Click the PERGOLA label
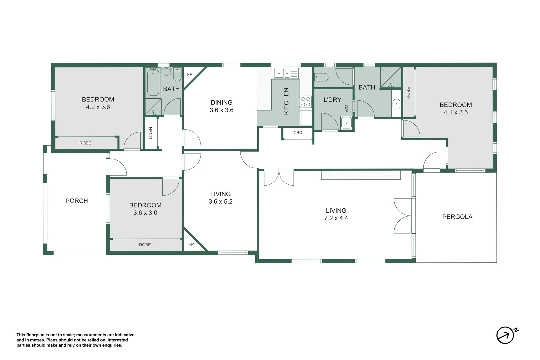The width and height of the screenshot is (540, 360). (x=457, y=217)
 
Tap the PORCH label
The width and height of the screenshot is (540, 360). (x=77, y=201)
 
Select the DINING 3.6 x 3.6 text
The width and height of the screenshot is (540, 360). (x=221, y=106)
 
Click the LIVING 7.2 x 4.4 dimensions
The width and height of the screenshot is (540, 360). (x=336, y=218)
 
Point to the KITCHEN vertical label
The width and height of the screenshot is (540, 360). (x=286, y=101)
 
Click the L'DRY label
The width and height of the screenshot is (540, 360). (x=332, y=100)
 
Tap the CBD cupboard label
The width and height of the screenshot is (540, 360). (x=298, y=133)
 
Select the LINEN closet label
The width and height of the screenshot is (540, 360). (x=150, y=133)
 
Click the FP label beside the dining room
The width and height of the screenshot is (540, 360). (x=190, y=75)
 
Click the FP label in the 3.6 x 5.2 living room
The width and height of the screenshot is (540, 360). (x=191, y=244)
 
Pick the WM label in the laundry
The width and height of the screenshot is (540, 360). (x=347, y=108)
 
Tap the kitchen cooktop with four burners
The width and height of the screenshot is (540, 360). (x=306, y=102)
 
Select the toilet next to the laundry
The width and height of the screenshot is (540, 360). (x=321, y=77)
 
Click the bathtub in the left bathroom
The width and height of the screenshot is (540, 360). (x=153, y=82)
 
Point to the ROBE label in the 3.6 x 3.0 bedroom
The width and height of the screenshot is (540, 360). (x=145, y=245)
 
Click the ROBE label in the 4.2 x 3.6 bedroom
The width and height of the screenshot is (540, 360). (x=85, y=143)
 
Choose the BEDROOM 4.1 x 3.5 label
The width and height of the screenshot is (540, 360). (x=455, y=108)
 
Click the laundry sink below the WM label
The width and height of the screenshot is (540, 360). (x=346, y=123)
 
